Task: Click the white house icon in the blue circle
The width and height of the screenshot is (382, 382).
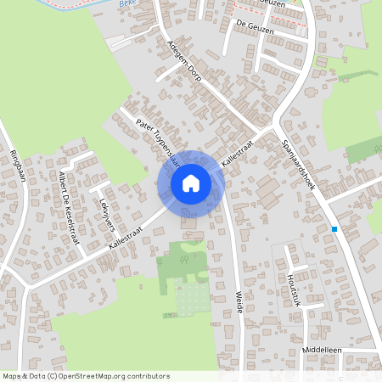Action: click(191, 183)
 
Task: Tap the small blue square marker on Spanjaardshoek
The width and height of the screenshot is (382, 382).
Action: click(335, 229)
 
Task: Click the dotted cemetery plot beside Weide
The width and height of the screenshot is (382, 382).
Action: click(190, 297)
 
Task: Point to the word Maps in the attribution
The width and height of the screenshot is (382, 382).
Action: click(12, 374)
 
